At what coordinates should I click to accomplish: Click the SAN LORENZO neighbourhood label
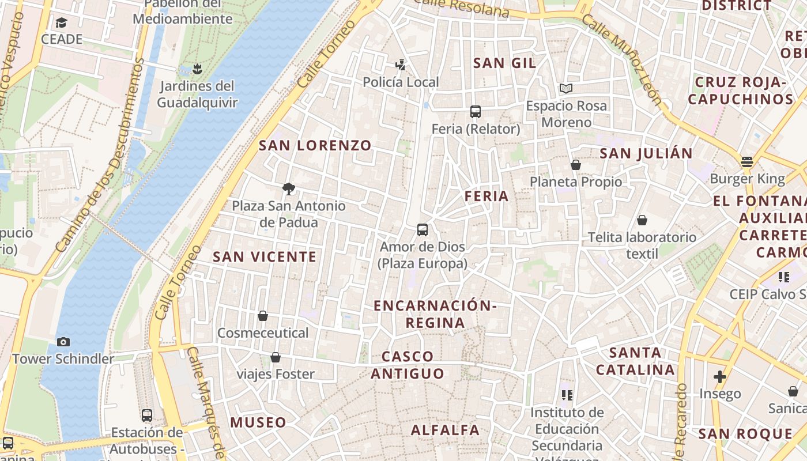point(315,146)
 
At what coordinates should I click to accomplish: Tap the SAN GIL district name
point(504,63)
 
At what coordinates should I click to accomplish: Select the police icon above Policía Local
point(401,65)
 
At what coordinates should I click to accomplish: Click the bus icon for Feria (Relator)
point(476,112)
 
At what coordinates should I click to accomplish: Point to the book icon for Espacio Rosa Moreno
point(566,89)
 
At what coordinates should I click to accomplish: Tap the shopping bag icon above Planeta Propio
point(575,165)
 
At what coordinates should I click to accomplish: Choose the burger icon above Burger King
point(747,162)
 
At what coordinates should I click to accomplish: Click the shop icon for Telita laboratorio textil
point(642,220)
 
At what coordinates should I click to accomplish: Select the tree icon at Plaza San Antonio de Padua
point(289,188)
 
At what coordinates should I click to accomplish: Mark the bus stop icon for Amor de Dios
point(423,230)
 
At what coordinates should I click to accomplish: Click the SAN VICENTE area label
point(265,257)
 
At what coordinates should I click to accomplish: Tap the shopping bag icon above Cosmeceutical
point(263,316)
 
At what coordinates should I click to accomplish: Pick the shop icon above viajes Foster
point(276,357)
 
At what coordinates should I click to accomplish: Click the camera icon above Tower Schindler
point(63,342)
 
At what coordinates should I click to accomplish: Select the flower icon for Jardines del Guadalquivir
point(197,70)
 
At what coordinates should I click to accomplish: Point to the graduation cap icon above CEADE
point(61,22)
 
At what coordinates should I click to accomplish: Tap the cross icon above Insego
point(719,377)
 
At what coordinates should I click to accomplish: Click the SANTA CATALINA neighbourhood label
point(635,361)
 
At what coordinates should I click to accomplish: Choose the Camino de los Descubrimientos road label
point(101,156)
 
